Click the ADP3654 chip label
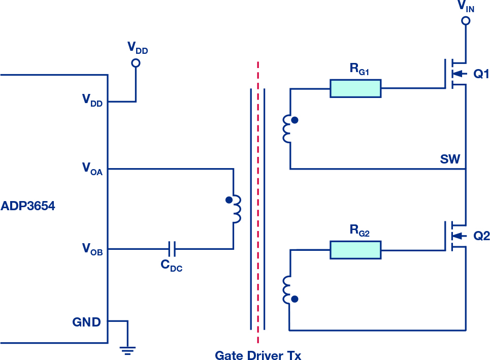[x=28, y=206]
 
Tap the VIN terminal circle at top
[x=466, y=21]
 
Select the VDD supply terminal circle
[x=136, y=63]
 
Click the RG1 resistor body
[x=355, y=88]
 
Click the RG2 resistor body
[x=355, y=250]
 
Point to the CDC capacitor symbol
[x=172, y=249]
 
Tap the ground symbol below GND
[x=127, y=351]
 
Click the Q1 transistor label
[x=481, y=74]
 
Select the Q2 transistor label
[x=481, y=236]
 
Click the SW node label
[x=450, y=159]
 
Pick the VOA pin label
[x=92, y=169]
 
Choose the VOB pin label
[x=92, y=249]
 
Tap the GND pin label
[x=86, y=322]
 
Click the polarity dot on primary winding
[x=229, y=200]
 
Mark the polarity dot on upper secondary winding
[x=295, y=120]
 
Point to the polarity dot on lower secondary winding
[x=295, y=299]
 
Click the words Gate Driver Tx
[x=258, y=355]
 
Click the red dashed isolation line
[x=258, y=203]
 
